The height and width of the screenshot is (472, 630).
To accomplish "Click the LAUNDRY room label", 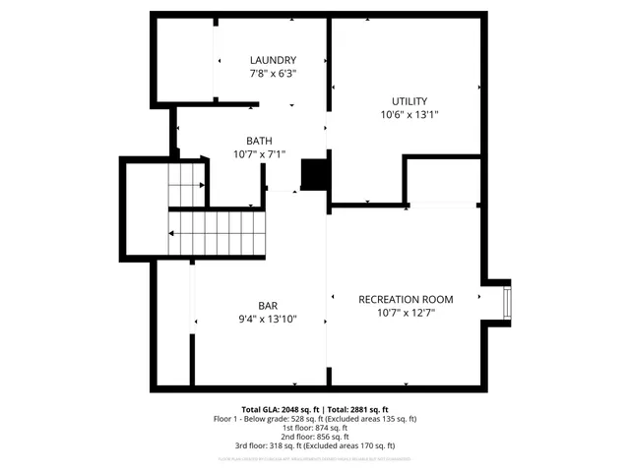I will coord(273,60).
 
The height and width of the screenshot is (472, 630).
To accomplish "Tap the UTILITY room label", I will coord(409,101).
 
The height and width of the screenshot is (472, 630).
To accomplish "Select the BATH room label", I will coord(259,141).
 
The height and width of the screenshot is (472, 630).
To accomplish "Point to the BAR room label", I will coord(268,305).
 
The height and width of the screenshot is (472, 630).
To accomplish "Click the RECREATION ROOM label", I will coord(406,299).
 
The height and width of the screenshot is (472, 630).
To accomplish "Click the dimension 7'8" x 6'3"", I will coord(273,74).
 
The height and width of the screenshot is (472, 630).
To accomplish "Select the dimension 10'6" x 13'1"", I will coord(409,115).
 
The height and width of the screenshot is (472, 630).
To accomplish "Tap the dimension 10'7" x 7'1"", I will coord(259,154).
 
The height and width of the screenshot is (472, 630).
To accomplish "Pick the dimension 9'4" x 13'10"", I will coord(268,319).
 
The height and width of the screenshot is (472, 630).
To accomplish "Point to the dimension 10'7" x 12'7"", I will coord(406,313).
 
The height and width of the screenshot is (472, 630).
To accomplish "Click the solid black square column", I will coord(314,174).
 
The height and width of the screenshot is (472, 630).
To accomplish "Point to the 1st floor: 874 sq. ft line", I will coord(315,429).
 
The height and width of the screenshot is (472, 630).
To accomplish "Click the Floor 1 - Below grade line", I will coord(315,419).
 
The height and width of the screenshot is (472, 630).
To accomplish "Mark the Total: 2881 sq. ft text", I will coord(357,409).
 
